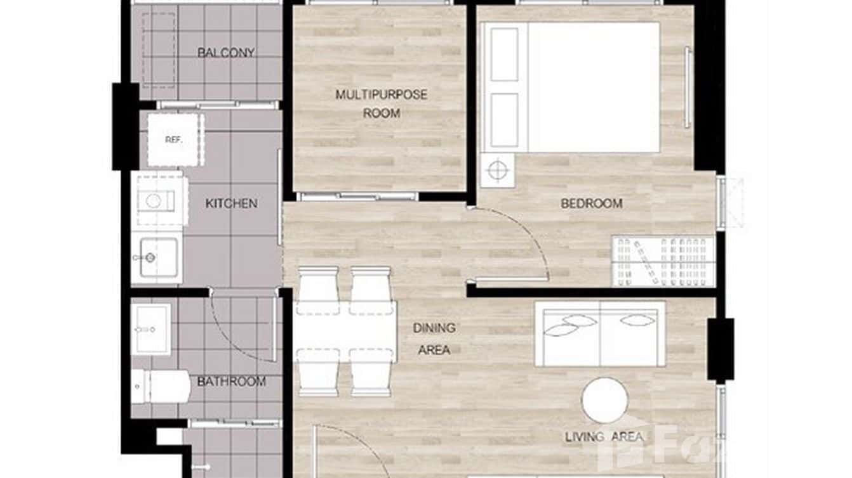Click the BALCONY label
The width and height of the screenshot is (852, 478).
coord(226,53)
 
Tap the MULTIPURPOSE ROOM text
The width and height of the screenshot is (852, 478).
coord(382,104)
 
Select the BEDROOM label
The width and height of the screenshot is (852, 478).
coord(591,203)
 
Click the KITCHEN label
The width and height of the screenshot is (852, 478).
coord(231,203)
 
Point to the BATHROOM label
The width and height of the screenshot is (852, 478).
coord(231,382)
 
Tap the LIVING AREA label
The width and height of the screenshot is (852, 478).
coord(604,437)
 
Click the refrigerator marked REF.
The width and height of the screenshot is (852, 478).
coord(173,139)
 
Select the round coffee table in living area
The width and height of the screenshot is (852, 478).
coord(605,400)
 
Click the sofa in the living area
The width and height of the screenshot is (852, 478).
coord(600,333)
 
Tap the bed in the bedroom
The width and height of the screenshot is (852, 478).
coord(571,87)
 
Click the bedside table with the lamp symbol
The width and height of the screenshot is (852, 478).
coord(498,170)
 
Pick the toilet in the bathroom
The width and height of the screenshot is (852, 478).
coord(160,386)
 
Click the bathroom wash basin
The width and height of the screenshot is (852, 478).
coord(152,328)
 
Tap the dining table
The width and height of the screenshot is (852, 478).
coord(345,331)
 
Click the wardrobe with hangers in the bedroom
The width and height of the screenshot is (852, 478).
coord(663,261)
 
